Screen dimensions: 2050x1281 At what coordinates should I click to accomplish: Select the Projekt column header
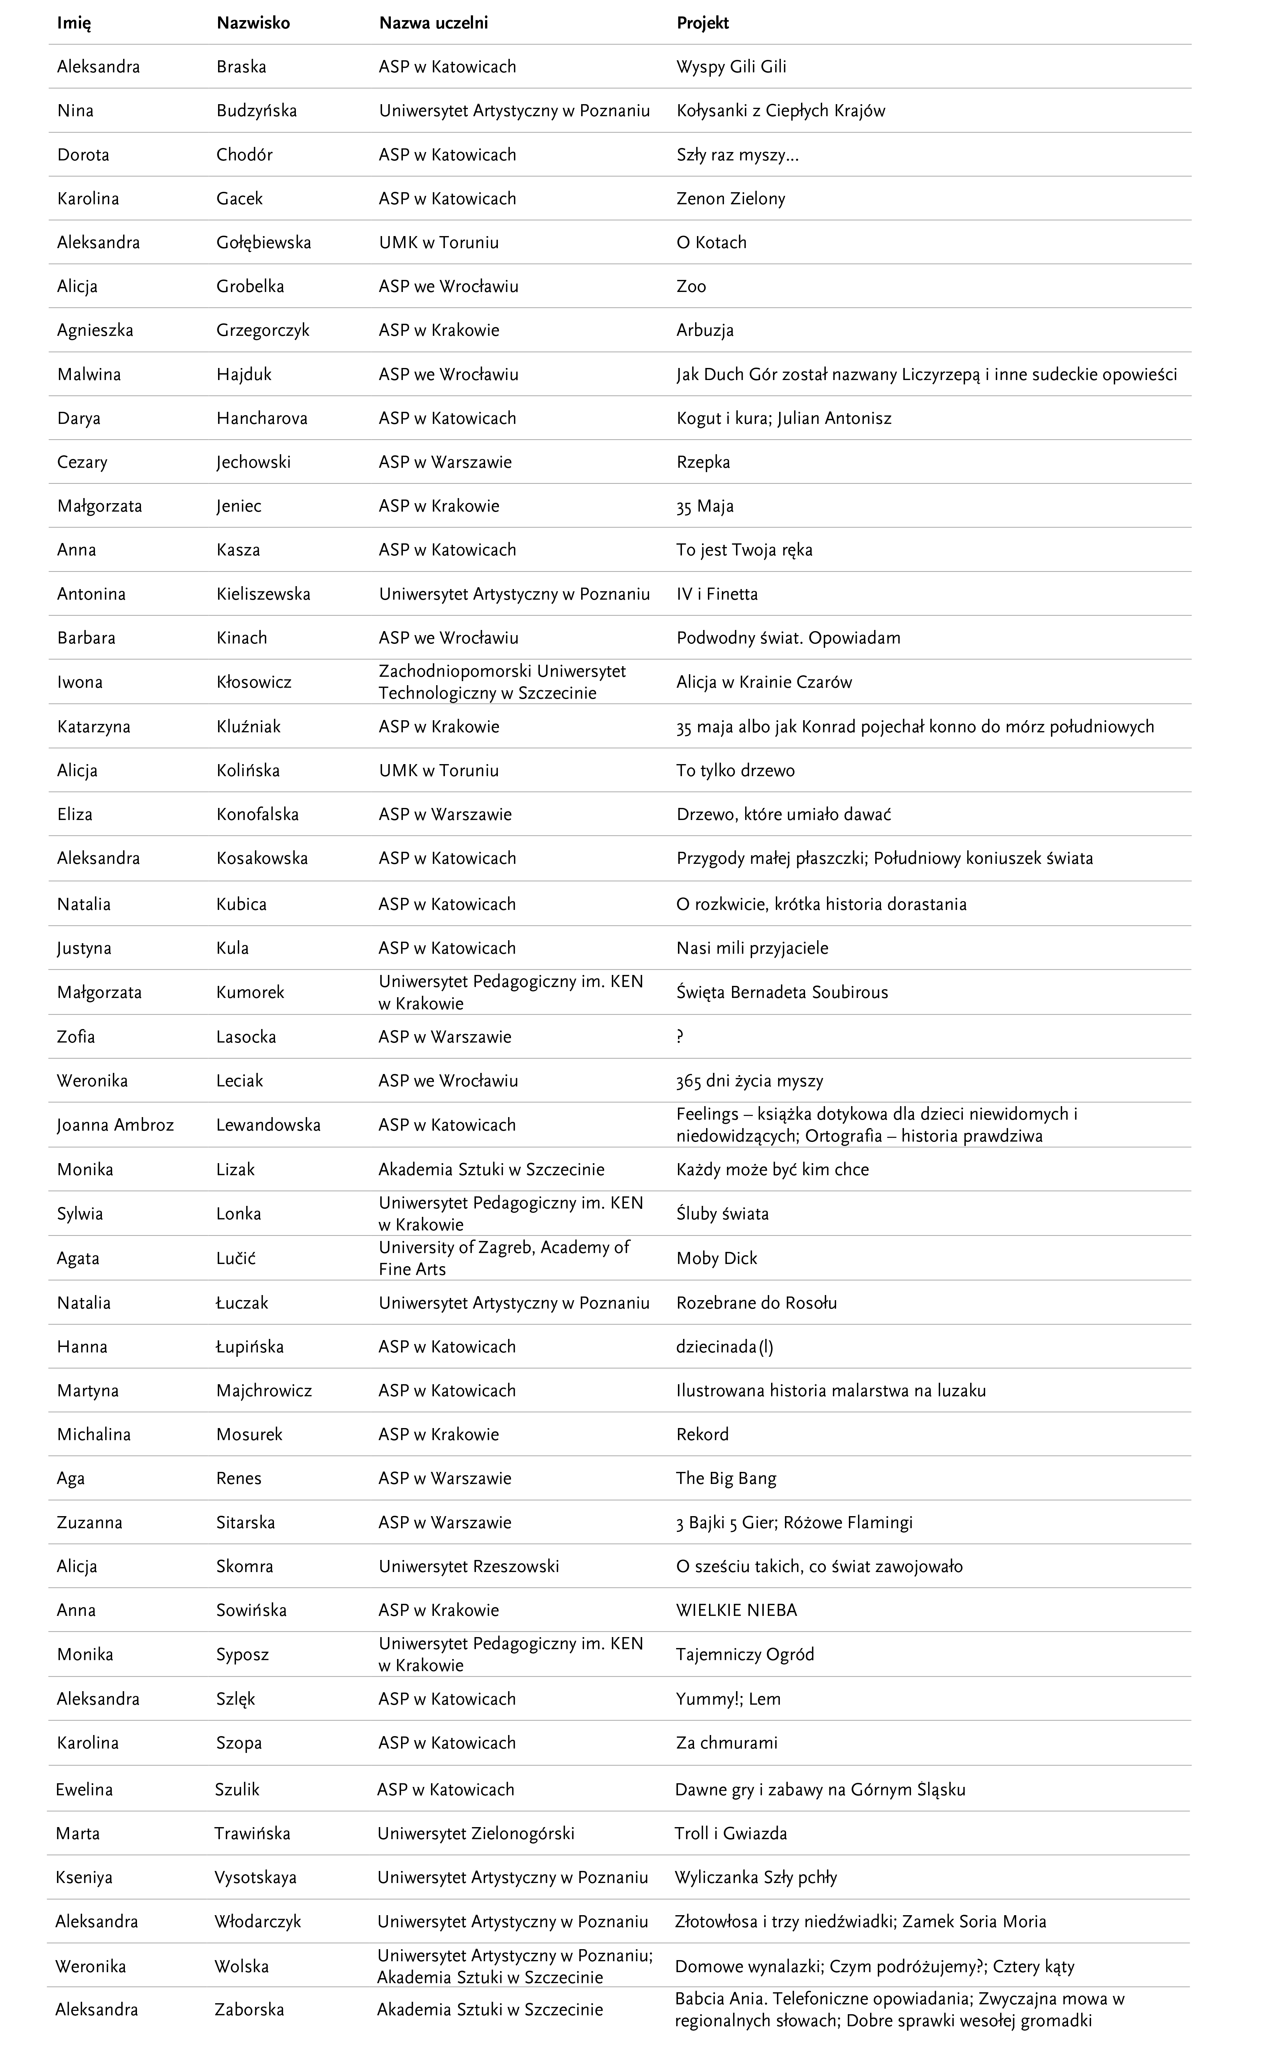[x=702, y=23]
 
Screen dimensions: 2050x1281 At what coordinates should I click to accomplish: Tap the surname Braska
[x=241, y=67]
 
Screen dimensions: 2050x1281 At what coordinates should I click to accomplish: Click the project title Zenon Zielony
[x=730, y=198]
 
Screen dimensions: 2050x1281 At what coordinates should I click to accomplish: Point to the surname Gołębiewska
[x=263, y=242]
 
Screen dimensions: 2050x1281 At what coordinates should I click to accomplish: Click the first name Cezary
[x=82, y=462]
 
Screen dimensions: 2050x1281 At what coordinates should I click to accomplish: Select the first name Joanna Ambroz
[x=115, y=1124]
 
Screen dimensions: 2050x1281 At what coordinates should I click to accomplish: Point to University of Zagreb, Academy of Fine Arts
[x=504, y=1258]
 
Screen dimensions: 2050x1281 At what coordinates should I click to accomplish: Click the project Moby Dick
[x=717, y=1258]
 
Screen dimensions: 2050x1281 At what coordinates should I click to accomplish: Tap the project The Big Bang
[x=726, y=1478]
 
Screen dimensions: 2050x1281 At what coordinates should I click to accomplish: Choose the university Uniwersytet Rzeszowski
[x=469, y=1566]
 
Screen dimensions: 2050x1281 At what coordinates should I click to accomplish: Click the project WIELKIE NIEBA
[x=736, y=1610]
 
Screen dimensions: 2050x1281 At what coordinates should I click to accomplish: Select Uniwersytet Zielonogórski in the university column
[x=475, y=1833]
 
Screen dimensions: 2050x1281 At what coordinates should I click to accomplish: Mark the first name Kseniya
[x=84, y=1877]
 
